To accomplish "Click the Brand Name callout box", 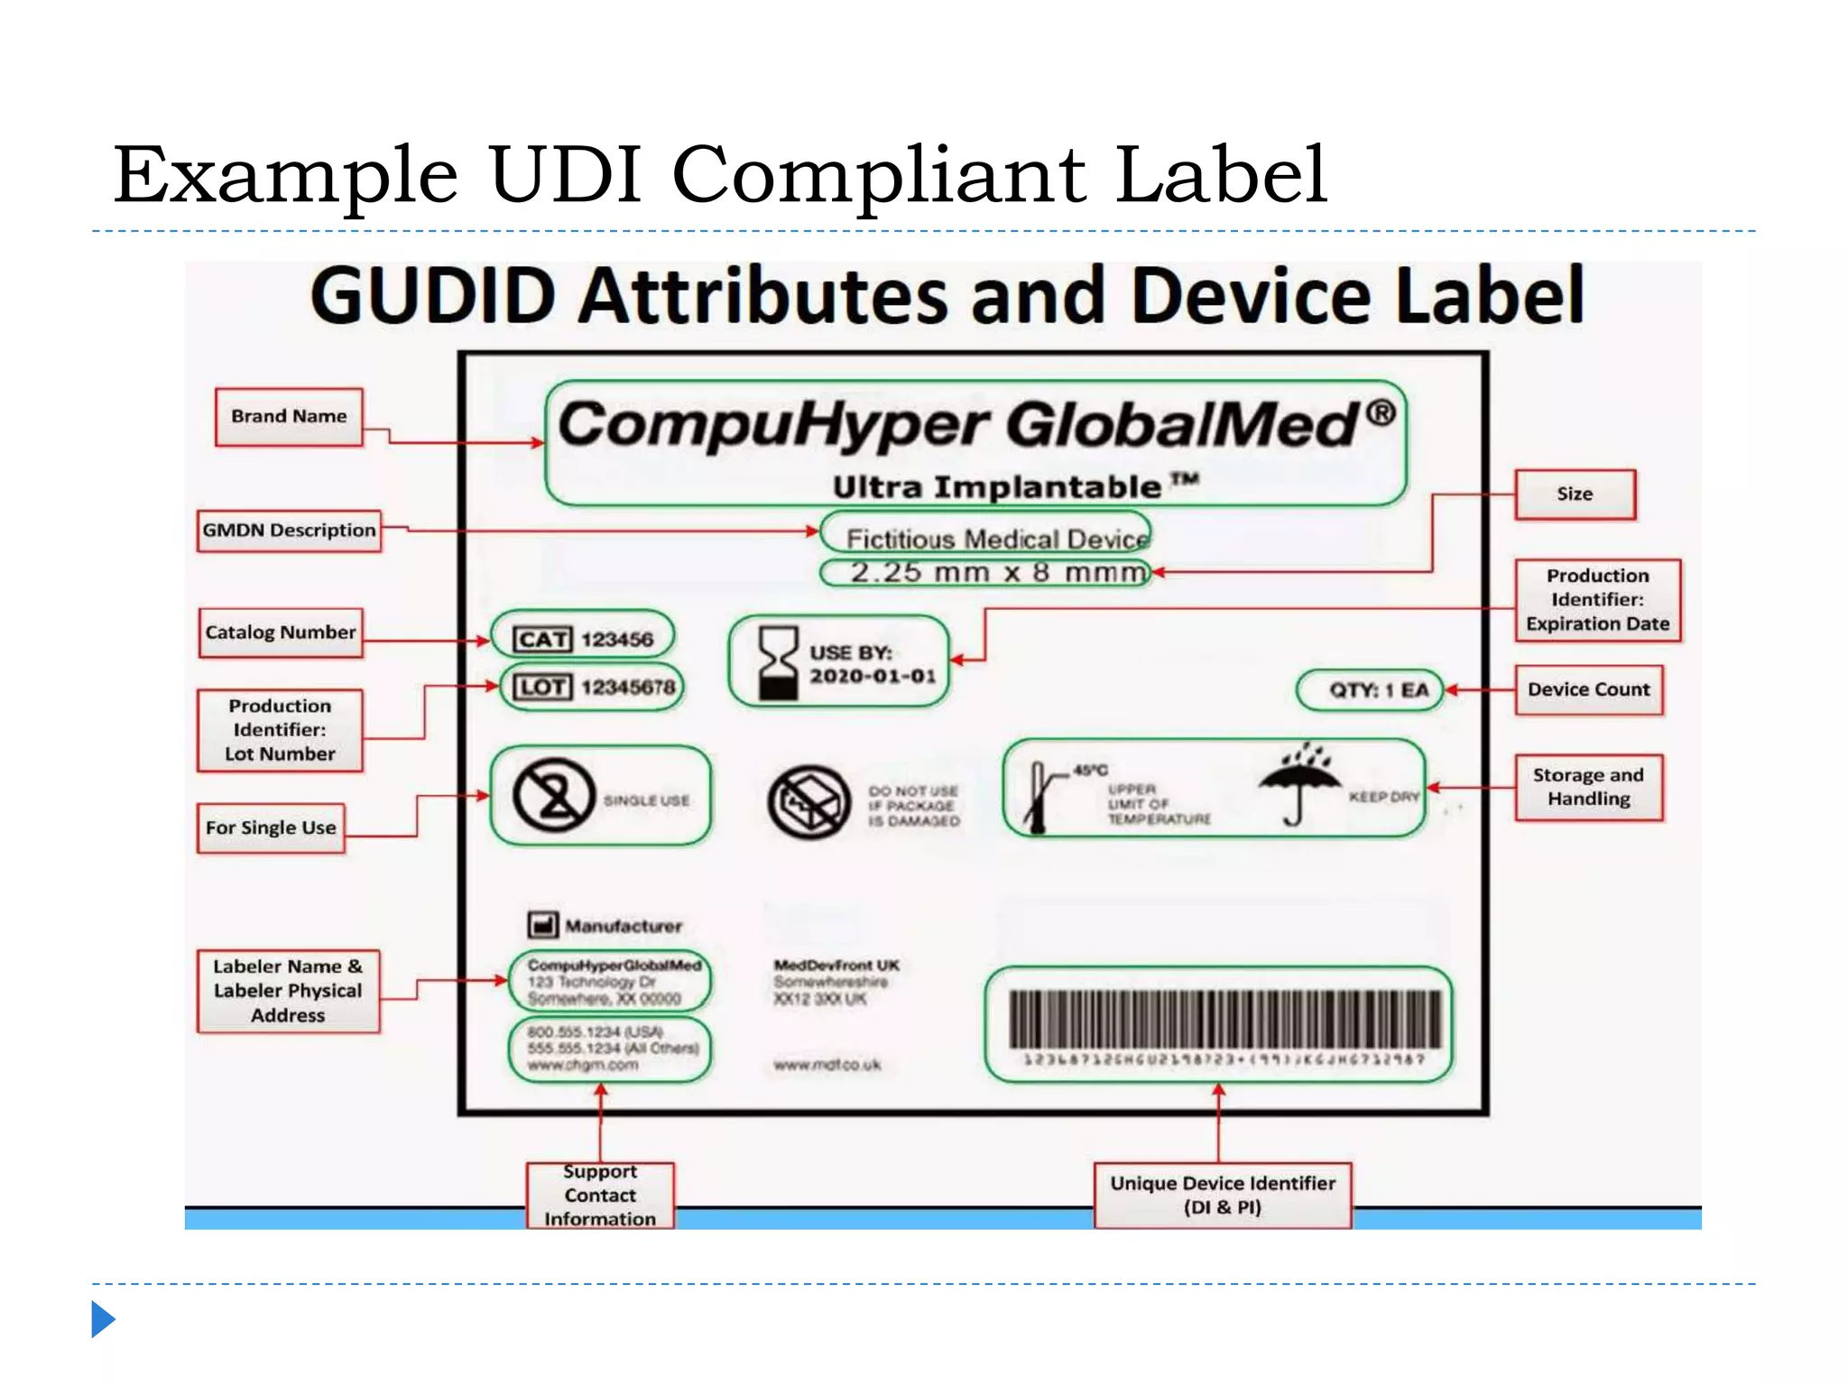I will pos(289,417).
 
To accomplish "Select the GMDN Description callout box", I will pos(289,531).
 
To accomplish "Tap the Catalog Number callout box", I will pos(281,633).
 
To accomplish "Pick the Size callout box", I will pos(1575,494).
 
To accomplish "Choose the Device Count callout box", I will pos(1588,690).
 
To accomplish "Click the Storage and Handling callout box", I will pos(1588,788).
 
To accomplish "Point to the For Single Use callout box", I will pos(271,828).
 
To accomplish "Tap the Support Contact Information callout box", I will pos(600,1196).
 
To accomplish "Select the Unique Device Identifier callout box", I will pos(1223,1196).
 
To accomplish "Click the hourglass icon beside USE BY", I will pos(778,664).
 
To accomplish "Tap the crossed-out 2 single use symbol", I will pos(554,796).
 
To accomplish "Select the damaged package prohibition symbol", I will pos(809,802).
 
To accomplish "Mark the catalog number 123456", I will pos(617,640).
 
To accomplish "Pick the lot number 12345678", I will pos(628,688).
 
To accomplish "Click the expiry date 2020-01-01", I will pos(873,677).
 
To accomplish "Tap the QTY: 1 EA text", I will pos(1379,691).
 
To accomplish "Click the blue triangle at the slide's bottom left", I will pos(102,1319).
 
